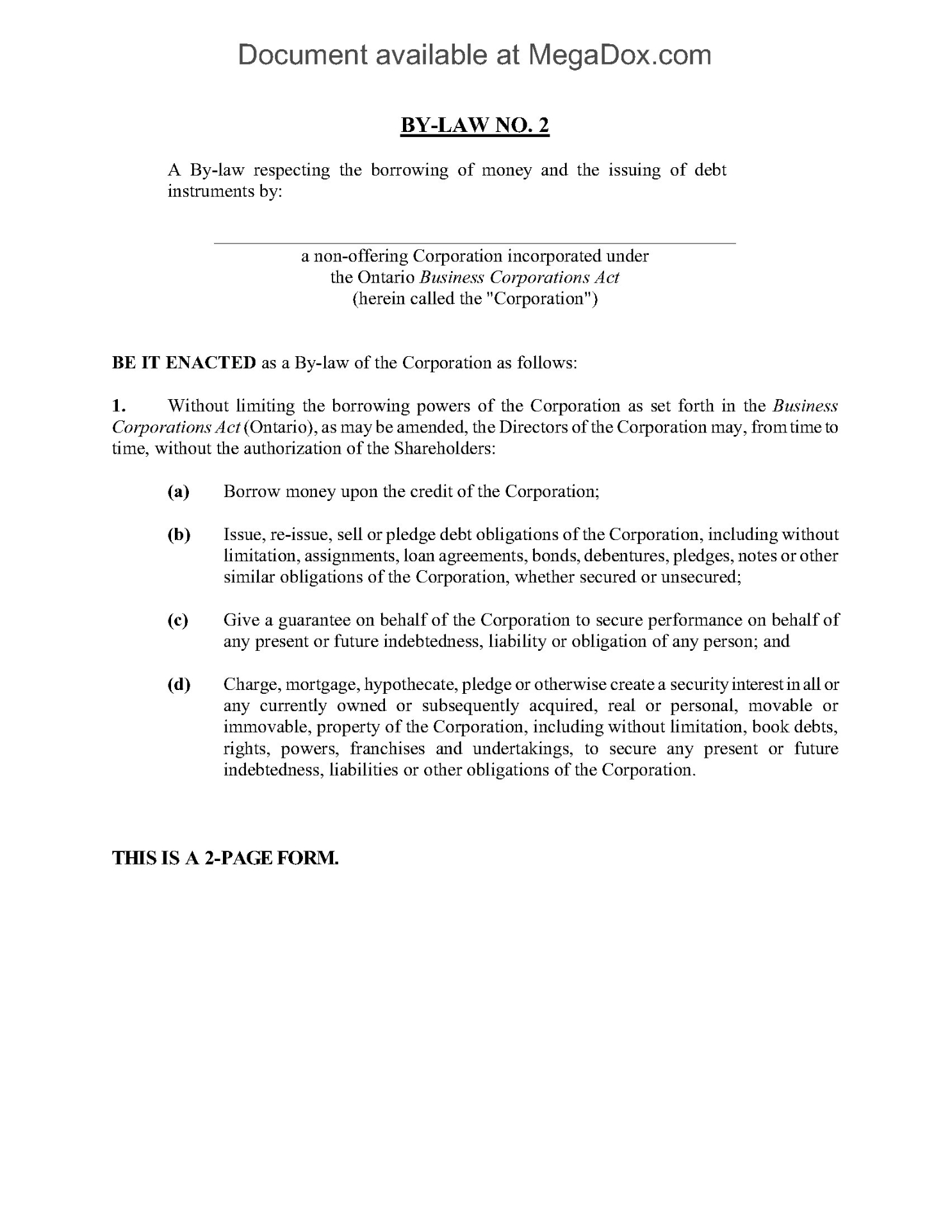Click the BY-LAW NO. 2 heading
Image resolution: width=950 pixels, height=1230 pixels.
[475, 126]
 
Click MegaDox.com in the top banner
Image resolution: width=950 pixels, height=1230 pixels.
[619, 55]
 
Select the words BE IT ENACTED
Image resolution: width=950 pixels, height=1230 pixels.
[184, 363]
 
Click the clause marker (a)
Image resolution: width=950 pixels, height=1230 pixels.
[179, 491]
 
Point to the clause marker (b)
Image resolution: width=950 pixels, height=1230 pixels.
[179, 534]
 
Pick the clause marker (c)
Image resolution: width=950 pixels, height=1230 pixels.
[178, 620]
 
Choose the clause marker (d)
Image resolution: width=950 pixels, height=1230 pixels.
[179, 684]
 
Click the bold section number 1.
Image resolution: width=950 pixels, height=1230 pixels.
[117, 406]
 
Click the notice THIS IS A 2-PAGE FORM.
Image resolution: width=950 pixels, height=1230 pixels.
[225, 858]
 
